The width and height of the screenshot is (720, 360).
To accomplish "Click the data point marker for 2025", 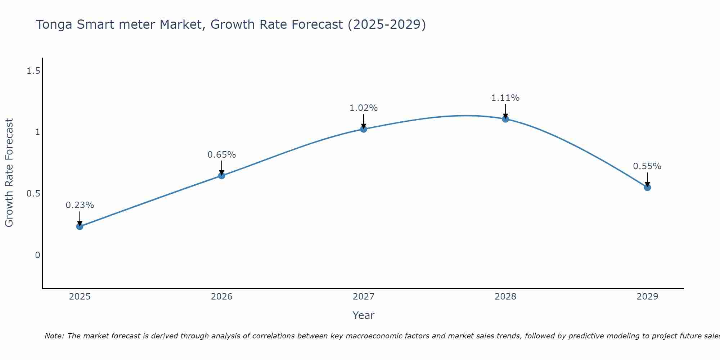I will click(x=80, y=226).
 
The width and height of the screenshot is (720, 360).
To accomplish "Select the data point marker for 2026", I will click(x=222, y=176).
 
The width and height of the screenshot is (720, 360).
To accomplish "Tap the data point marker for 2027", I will click(x=364, y=129).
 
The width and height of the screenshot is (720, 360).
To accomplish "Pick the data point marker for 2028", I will click(x=505, y=119).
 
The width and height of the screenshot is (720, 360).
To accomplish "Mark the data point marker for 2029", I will click(x=647, y=187).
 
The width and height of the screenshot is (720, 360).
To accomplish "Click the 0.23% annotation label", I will click(x=80, y=205).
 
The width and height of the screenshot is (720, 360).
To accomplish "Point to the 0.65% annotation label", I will click(x=222, y=155).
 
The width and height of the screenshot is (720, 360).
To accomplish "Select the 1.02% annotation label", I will click(x=364, y=108).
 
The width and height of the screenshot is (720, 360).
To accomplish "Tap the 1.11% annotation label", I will click(x=505, y=98).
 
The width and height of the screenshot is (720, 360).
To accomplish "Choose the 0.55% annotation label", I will click(x=647, y=166).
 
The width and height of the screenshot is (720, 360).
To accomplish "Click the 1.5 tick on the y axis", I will click(x=33, y=71).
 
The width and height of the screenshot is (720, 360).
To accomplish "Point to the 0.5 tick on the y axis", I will click(x=33, y=194).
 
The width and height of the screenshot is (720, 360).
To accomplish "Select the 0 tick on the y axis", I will click(x=37, y=255).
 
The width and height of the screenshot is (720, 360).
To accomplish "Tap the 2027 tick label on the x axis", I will click(x=364, y=297).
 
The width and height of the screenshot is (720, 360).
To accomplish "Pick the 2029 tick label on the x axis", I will click(x=647, y=297).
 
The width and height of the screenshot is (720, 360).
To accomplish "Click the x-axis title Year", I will click(x=364, y=315).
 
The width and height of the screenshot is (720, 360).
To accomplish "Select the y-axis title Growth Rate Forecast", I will click(x=9, y=172).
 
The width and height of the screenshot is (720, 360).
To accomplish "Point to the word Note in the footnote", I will click(x=54, y=336).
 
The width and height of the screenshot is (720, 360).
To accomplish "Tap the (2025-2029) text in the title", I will click(x=387, y=25).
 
